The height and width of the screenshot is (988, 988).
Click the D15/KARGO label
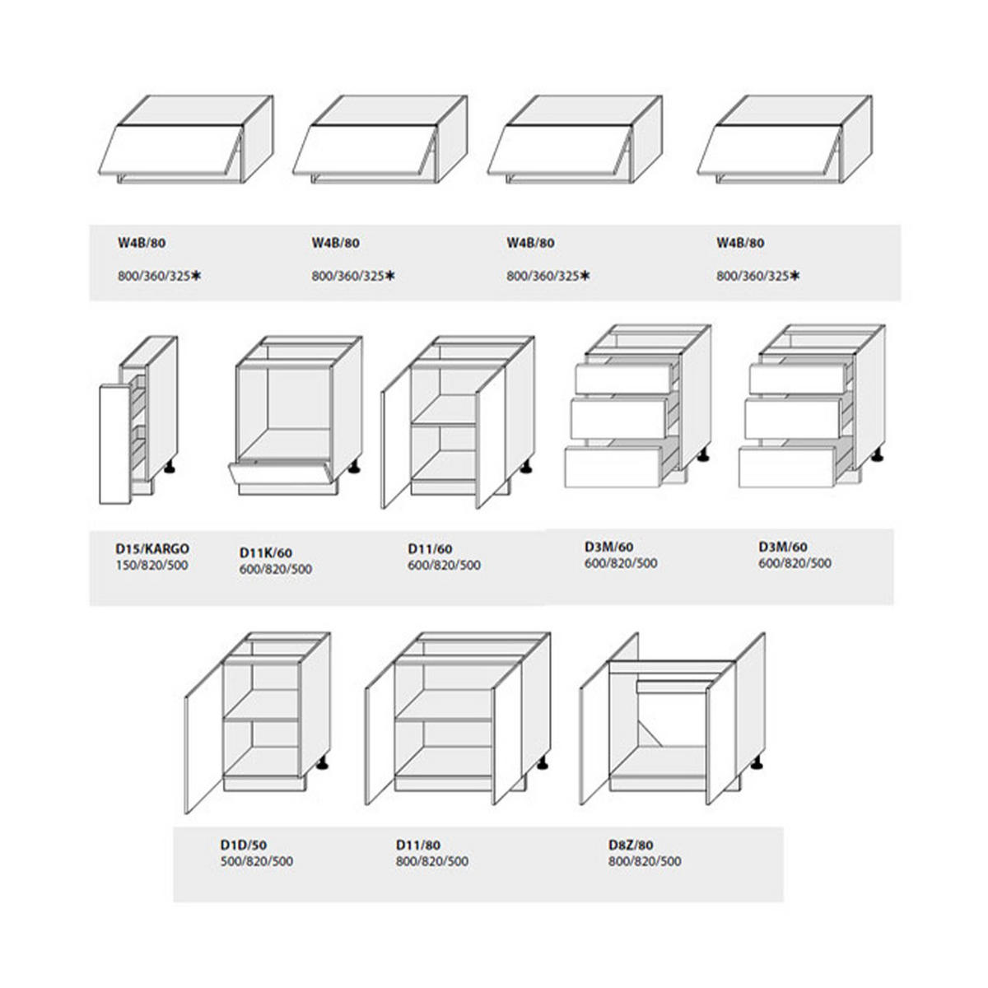[152, 548]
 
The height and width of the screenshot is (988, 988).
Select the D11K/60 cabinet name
[266, 552]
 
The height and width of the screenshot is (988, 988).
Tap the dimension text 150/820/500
[151, 565]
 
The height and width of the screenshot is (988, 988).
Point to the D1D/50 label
[244, 845]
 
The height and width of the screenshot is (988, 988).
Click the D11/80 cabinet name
[418, 845]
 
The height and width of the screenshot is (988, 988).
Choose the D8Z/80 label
[631, 845]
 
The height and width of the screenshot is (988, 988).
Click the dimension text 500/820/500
[257, 861]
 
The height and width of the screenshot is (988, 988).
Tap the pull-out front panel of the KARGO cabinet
[114, 445]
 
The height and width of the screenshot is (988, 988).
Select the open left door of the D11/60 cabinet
[396, 439]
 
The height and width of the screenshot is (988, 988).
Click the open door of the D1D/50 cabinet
[204, 739]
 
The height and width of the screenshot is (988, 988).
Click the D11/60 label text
[430, 548]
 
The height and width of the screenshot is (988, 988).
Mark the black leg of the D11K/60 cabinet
[354, 468]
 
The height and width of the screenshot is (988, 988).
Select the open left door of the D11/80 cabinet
[380, 734]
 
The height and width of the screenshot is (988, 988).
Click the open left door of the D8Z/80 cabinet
[594, 734]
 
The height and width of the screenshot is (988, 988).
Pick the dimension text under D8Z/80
[645, 861]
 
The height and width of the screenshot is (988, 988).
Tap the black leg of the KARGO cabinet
[170, 468]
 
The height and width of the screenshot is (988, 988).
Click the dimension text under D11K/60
[276, 569]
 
